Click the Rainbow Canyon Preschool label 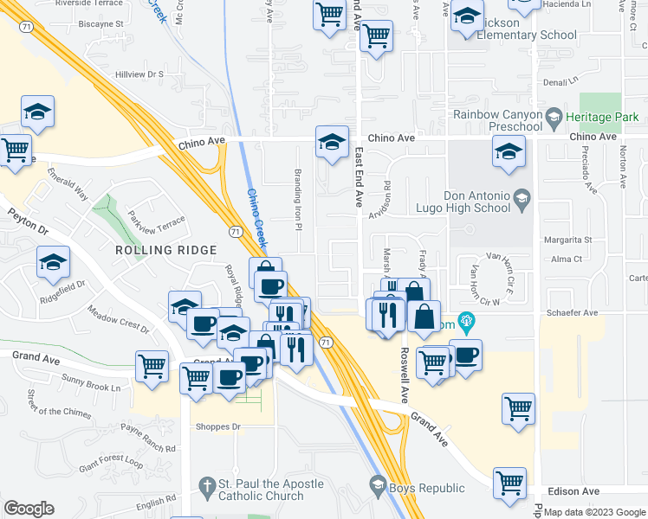point(497,121)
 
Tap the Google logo point(29,509)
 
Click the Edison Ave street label point(579,491)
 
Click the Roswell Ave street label point(405,375)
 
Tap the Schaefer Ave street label point(579,313)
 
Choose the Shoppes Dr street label point(217,426)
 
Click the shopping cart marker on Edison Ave point(509,484)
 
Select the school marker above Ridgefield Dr point(53,261)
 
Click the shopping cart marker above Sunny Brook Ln point(152,365)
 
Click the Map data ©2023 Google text point(594,512)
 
